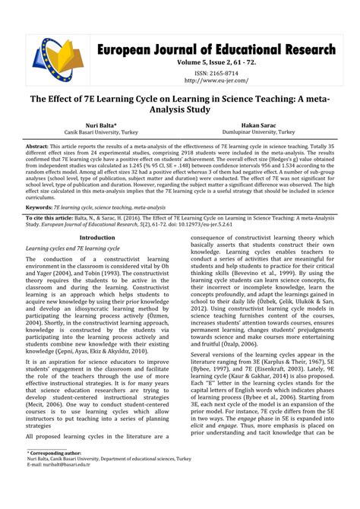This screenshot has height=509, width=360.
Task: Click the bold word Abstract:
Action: (x=37, y=144)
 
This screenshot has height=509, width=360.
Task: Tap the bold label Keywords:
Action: (x=41, y=207)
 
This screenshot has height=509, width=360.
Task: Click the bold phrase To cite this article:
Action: (x=52, y=217)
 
